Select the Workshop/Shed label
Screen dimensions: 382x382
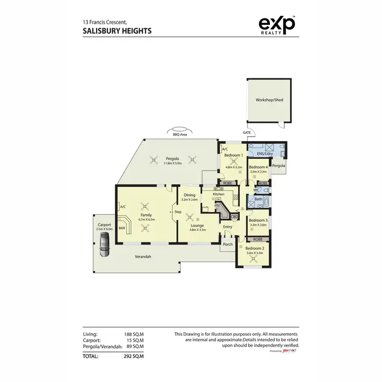click(x=269, y=100)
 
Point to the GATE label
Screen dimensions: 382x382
click(x=247, y=132)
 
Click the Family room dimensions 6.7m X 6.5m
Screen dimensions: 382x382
click(x=146, y=220)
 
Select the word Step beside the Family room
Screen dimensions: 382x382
click(x=178, y=212)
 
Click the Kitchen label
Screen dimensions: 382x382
click(x=219, y=195)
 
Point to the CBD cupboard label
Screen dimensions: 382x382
click(x=234, y=216)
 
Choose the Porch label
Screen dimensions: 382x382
click(x=228, y=244)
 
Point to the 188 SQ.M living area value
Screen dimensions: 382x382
click(x=134, y=334)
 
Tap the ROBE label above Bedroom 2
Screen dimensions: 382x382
click(x=258, y=239)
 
